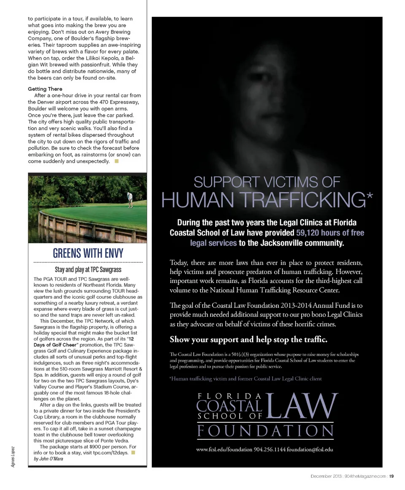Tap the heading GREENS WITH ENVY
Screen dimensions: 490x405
[x=88, y=253]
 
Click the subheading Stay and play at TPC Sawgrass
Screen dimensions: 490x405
[x=88, y=269]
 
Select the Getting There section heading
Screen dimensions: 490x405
[x=45, y=89]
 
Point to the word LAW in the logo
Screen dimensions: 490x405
[x=301, y=407]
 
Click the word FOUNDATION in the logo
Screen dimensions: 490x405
[x=265, y=431]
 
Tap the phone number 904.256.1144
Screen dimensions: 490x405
[x=269, y=449]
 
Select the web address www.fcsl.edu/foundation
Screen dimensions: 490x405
[x=224, y=449]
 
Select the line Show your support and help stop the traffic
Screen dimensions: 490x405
[x=248, y=340]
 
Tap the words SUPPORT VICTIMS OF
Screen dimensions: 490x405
[x=267, y=182]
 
